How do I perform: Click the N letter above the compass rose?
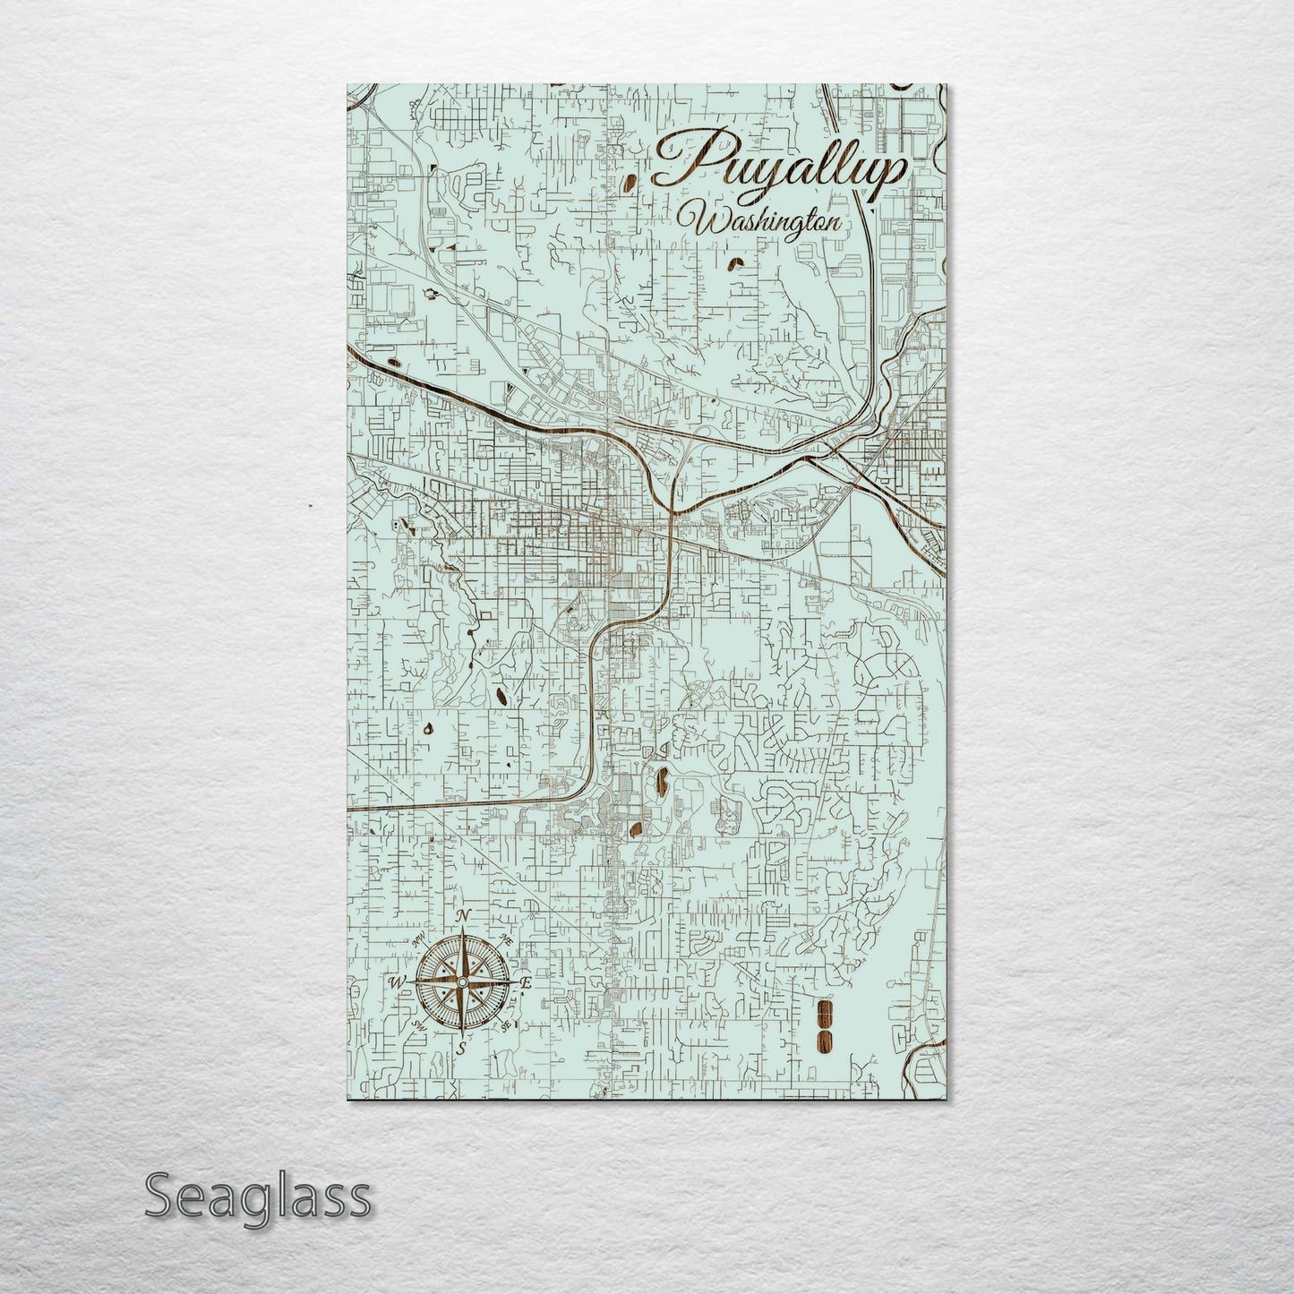[464, 915]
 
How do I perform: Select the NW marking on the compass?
[419, 941]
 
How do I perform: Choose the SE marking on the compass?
[506, 1024]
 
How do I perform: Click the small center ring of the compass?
[461, 982]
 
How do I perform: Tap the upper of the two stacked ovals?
[824, 1012]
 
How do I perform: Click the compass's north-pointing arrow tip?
[462, 931]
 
